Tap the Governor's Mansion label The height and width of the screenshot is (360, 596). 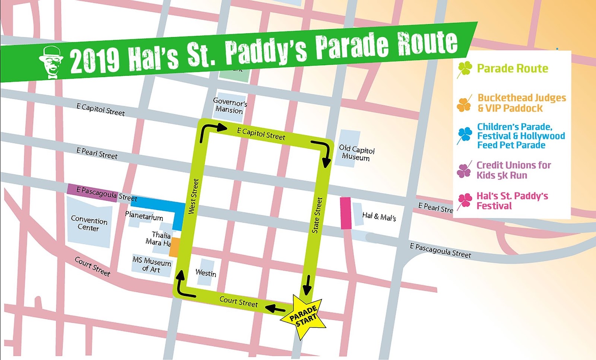coord(229,105)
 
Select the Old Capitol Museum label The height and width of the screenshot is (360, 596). coord(356,153)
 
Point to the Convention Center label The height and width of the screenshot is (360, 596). coord(89,224)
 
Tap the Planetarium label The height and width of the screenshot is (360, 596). coord(144,216)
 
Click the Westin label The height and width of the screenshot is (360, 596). coord(206,273)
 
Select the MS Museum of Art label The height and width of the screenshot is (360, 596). coord(152,264)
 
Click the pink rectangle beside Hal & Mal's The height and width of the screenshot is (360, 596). coord(346,213)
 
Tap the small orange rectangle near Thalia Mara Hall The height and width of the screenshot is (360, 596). coord(174,248)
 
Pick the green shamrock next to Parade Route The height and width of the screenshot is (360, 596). coord(465,69)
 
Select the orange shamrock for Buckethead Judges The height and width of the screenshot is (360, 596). coord(464,104)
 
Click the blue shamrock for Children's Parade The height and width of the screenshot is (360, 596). coord(465,135)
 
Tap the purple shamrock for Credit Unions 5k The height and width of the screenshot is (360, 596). coord(464,171)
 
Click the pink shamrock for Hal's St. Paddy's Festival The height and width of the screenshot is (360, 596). coord(465,201)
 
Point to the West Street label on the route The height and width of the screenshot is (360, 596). coord(193,196)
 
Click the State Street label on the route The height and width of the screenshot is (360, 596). coord(317,215)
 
